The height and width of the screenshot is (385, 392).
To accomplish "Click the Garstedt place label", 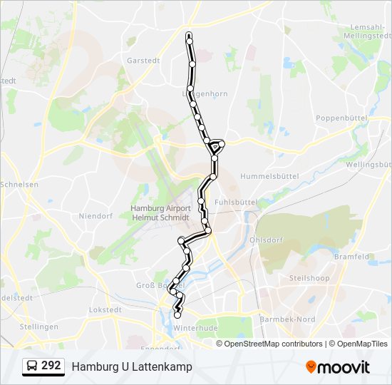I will [142, 61].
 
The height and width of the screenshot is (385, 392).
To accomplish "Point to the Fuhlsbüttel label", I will [235, 202].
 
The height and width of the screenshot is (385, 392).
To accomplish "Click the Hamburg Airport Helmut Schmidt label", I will [160, 212].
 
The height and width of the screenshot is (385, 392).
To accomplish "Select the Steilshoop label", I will [306, 277].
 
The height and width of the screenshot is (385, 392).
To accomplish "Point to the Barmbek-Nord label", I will [287, 319].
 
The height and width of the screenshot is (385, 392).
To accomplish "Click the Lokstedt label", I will [105, 310].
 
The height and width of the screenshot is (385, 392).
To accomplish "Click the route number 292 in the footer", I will [51, 366].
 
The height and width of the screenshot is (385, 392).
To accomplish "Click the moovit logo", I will [338, 367].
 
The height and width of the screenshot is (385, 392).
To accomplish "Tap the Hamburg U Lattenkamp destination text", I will [132, 366].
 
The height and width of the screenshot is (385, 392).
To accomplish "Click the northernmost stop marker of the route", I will [189, 35].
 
